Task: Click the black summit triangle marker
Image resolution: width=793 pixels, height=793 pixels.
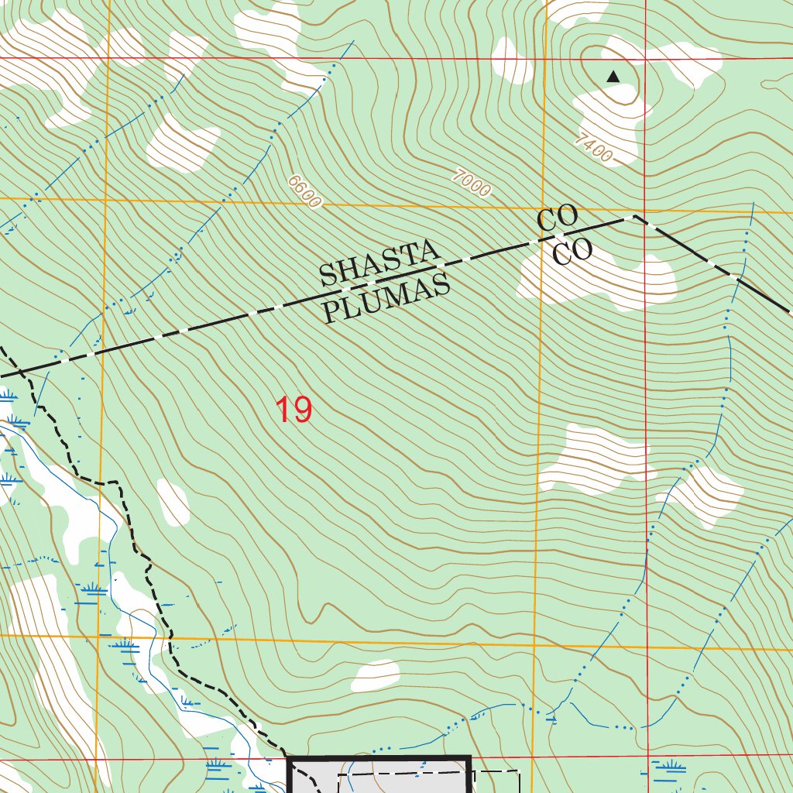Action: click(613, 76)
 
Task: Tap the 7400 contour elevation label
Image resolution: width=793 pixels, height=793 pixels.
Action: click(594, 149)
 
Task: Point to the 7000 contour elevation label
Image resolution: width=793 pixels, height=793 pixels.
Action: click(472, 184)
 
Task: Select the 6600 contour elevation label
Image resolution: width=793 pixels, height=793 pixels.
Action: click(304, 191)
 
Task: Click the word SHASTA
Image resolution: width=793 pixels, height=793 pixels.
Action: click(379, 263)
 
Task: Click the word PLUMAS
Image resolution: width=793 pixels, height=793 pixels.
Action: click(386, 299)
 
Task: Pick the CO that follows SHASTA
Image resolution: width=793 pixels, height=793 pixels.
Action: click(558, 219)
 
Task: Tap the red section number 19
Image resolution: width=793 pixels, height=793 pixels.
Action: click(294, 410)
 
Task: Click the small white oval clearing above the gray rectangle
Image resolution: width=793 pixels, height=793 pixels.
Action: click(376, 676)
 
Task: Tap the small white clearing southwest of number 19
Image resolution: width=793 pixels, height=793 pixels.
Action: click(173, 502)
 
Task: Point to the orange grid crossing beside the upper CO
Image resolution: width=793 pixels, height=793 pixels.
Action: click(541, 209)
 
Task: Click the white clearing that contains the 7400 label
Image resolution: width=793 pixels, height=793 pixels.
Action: click(612, 116)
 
